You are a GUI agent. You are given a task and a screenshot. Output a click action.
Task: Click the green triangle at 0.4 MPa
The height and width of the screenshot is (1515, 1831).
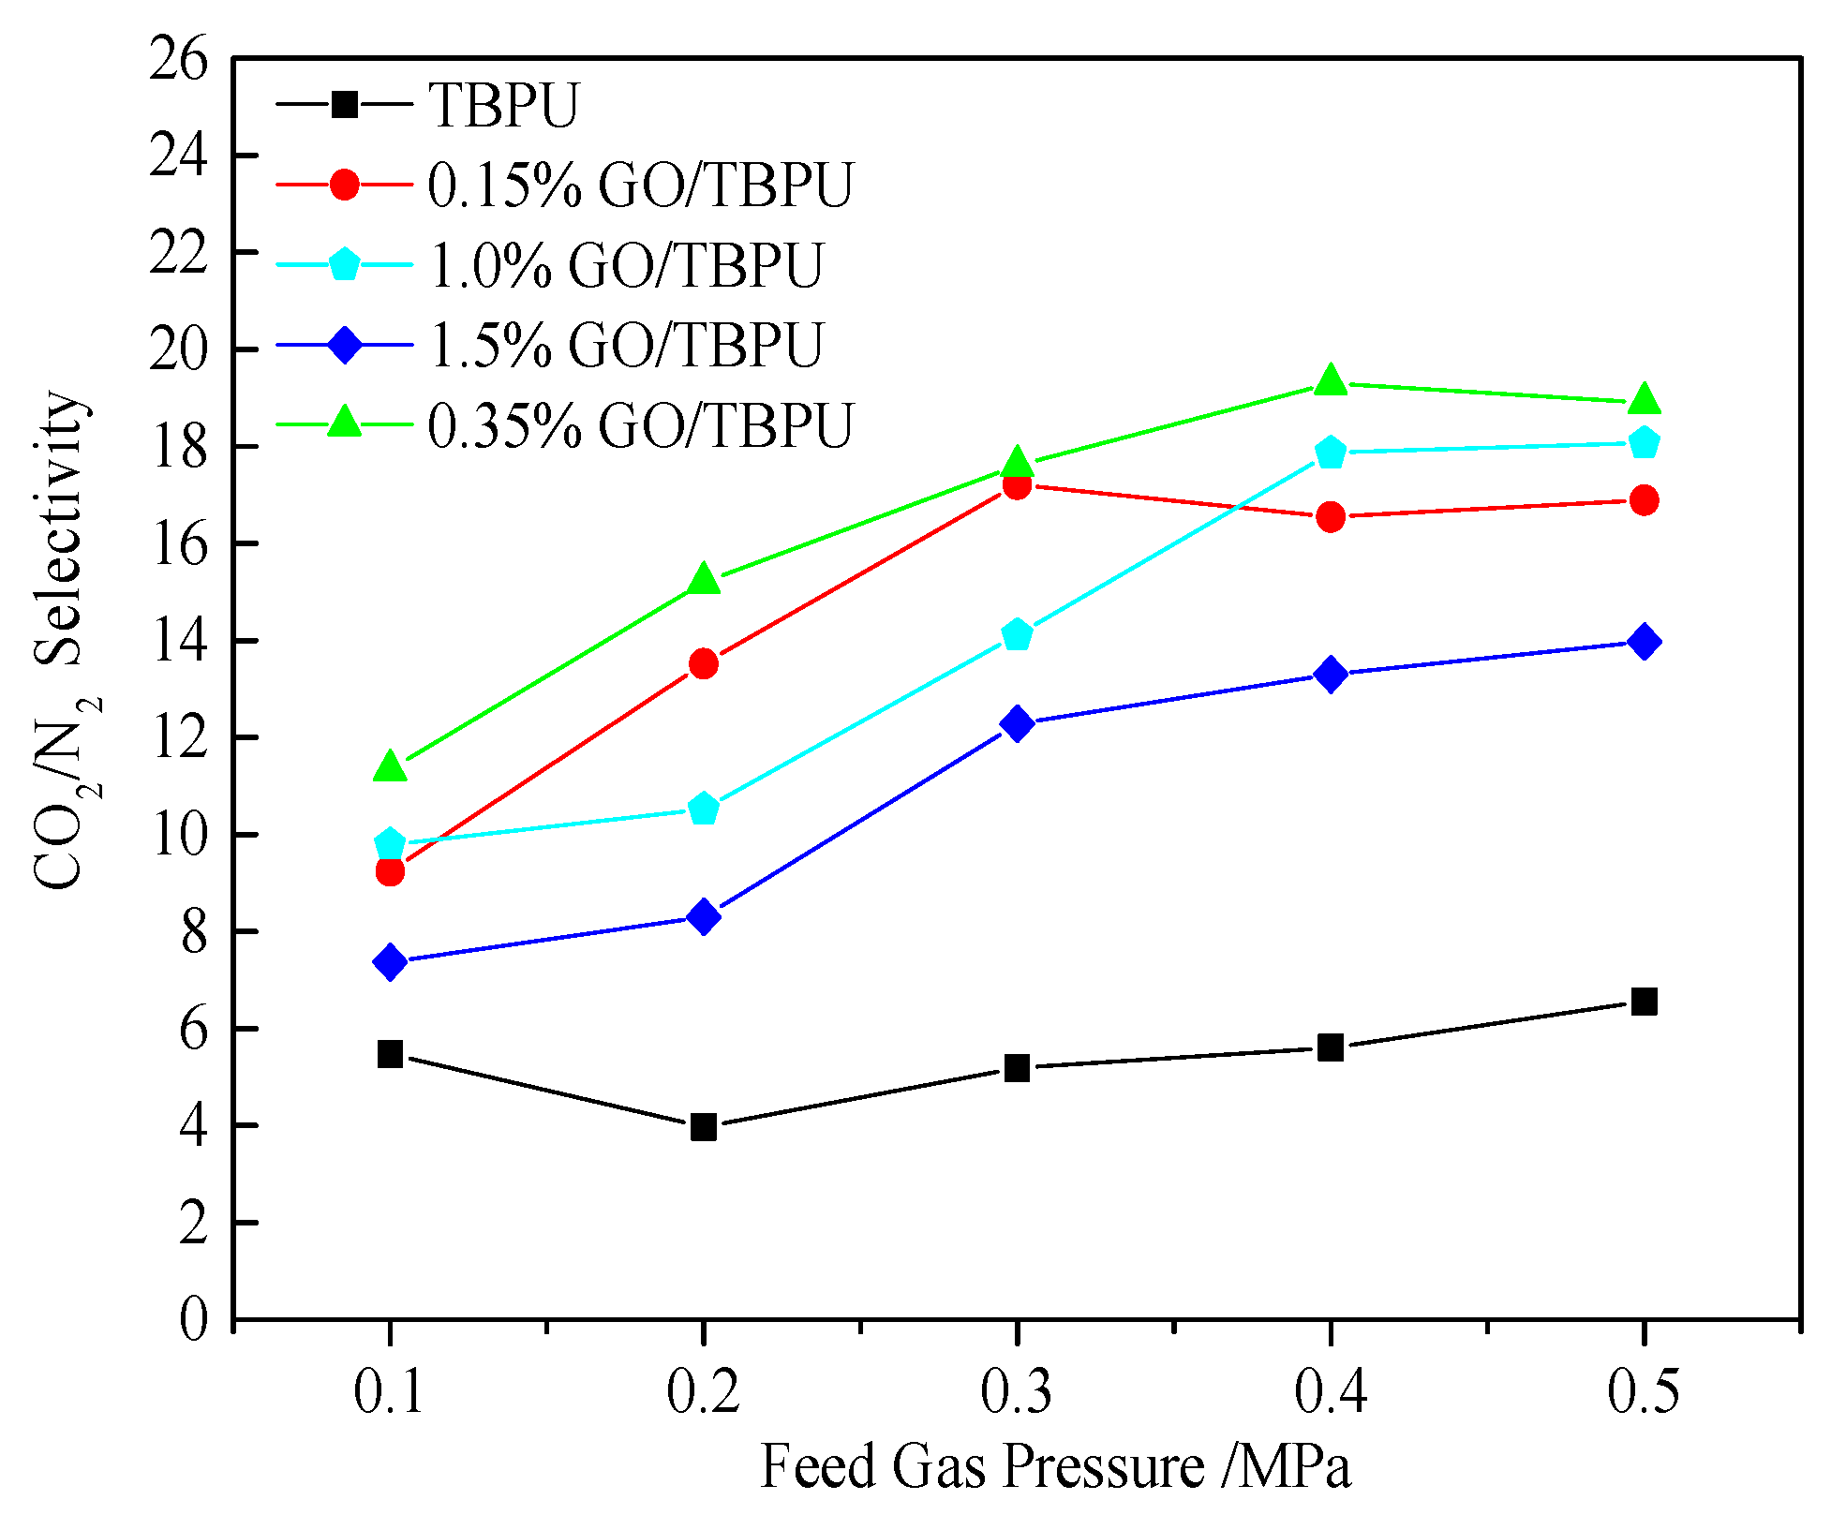(x=1330, y=381)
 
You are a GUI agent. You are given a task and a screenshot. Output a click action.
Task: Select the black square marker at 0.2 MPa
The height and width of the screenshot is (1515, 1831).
(x=704, y=1126)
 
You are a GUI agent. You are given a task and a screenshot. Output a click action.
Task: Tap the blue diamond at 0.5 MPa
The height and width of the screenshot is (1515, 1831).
(x=1644, y=642)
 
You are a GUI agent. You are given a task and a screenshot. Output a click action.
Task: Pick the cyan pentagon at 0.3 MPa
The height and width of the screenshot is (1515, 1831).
(x=1017, y=635)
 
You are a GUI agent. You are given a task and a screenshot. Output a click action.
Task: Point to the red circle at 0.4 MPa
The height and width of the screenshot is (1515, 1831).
(x=1330, y=516)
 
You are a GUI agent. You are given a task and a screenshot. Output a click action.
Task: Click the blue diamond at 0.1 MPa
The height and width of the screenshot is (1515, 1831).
(x=390, y=961)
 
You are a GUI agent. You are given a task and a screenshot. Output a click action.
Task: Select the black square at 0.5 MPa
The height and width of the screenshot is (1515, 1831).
(x=1644, y=1002)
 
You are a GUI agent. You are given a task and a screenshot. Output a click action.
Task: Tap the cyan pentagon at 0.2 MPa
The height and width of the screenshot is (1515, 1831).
(x=704, y=809)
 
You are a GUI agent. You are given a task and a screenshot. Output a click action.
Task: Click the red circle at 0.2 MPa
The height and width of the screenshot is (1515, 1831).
(x=704, y=664)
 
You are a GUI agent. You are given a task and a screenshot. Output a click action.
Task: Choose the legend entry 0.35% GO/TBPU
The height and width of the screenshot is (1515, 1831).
(x=640, y=425)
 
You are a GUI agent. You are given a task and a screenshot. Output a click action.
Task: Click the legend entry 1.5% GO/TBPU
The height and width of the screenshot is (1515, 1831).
(x=625, y=345)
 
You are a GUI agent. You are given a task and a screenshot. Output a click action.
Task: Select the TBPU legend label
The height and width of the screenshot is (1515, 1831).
(x=503, y=104)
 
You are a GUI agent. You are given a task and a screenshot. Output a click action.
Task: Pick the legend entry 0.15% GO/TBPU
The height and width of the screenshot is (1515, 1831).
(x=640, y=185)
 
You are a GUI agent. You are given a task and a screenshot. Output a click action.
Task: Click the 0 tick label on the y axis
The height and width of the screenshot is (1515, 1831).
(x=193, y=1320)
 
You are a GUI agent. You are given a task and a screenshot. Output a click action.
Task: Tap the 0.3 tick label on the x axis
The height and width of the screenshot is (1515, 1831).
(x=1017, y=1391)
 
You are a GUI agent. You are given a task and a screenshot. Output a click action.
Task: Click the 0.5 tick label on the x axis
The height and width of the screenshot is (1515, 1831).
(x=1644, y=1391)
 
